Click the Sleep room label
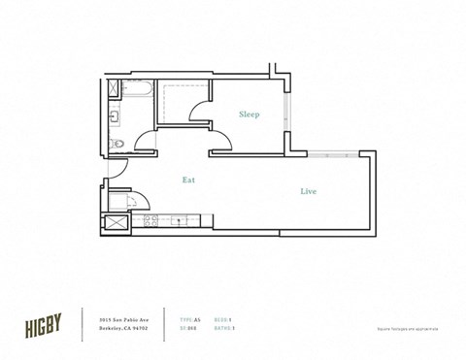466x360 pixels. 250,115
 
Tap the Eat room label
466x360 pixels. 190,180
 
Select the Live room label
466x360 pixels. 308,191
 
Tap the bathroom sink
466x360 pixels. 115,118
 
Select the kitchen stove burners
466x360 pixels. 151,221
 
